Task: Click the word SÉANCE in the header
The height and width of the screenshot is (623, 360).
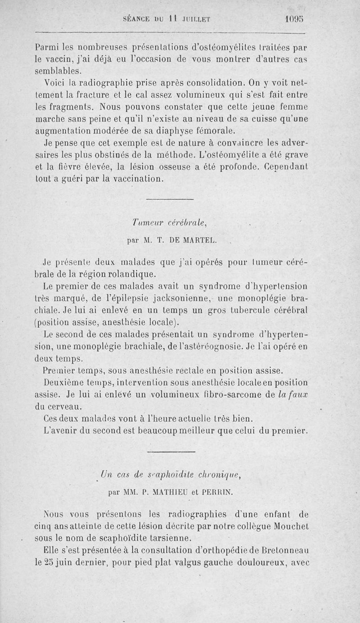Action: (138, 20)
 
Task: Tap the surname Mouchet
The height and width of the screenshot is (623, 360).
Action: (288, 526)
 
